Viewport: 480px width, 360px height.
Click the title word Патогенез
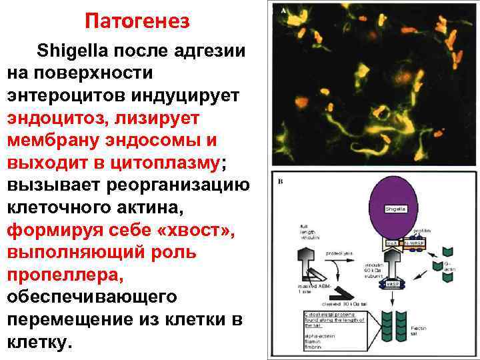click(x=137, y=21)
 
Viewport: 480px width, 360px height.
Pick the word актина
click(x=150, y=209)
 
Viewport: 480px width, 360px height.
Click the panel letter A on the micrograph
click(x=284, y=11)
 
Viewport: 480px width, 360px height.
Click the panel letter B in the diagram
click(x=281, y=181)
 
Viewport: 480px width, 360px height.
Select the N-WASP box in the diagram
click(x=417, y=244)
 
